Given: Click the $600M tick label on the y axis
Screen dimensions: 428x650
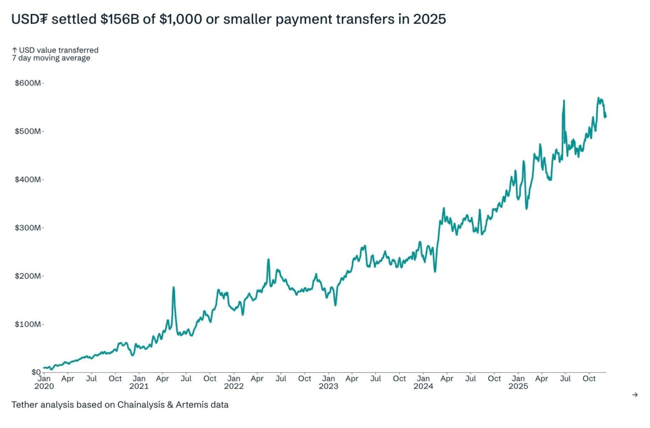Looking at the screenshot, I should tap(28, 83).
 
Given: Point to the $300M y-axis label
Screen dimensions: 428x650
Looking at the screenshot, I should tap(28, 228).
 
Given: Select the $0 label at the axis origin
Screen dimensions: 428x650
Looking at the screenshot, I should tap(35, 372).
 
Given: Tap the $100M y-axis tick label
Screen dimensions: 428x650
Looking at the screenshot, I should tap(28, 324).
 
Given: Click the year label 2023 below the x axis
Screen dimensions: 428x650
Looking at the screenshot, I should tap(328, 386).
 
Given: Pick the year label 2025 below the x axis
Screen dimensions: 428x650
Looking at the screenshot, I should tap(518, 386).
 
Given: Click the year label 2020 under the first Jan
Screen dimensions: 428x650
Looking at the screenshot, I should tap(44, 386).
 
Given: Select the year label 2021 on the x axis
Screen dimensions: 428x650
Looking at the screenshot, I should tap(139, 386).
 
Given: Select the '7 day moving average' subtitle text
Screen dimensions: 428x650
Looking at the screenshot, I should tap(51, 58).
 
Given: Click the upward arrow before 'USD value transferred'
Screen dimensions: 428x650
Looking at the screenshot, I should tap(15, 50).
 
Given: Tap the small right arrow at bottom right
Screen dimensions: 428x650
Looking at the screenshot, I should tap(635, 395).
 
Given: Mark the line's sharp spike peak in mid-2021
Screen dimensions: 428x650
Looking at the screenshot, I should tap(173, 287).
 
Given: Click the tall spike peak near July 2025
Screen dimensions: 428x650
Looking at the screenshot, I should tap(564, 101).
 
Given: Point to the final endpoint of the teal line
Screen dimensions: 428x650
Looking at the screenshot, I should tap(606, 116).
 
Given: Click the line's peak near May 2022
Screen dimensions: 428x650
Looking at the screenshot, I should tap(268, 260).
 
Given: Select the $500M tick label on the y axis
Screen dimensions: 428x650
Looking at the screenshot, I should tap(28, 131).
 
